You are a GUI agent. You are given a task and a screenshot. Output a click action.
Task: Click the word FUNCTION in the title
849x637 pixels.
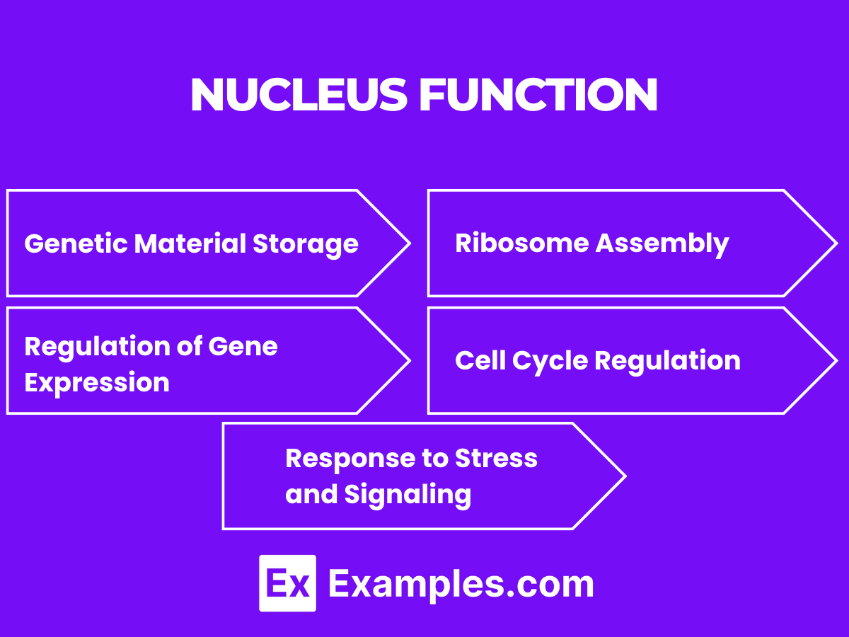[538, 95]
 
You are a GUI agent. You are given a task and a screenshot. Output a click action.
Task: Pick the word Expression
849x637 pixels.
[97, 383]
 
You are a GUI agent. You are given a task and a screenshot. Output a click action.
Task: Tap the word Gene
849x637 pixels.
[243, 347]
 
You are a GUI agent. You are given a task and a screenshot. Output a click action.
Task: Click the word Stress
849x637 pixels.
[496, 458]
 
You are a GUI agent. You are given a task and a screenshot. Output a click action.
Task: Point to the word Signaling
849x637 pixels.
[408, 494]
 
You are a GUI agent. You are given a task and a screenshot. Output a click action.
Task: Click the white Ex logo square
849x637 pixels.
[287, 583]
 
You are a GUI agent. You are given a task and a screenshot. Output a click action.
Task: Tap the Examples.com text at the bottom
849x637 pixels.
[461, 584]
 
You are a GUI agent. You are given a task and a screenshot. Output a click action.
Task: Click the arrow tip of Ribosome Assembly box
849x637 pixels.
[836, 243]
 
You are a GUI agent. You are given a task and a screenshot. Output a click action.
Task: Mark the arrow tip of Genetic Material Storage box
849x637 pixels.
[409, 243]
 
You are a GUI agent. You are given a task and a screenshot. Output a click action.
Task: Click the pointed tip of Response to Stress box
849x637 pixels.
[624, 476]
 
